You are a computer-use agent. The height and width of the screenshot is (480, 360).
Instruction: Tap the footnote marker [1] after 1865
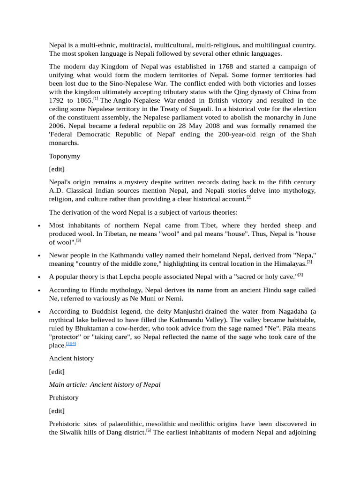click(x=96, y=98)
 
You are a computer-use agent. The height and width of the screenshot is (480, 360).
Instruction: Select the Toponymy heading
click(x=65, y=156)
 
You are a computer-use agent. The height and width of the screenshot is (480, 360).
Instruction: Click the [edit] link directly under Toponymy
click(x=57, y=169)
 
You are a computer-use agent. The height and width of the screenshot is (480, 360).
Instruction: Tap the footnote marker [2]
click(x=249, y=197)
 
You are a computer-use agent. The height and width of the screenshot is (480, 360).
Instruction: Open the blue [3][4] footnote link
click(x=71, y=343)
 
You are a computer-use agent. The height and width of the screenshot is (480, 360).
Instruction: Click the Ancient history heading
click(x=71, y=358)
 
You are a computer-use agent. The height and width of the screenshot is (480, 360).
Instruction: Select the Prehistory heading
click(x=64, y=397)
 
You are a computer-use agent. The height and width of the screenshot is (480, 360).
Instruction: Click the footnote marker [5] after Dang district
click(x=148, y=430)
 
